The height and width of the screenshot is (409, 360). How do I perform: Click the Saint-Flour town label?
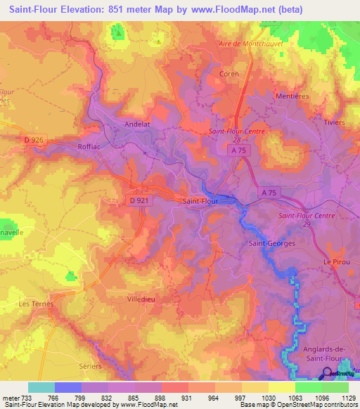tap(200, 201)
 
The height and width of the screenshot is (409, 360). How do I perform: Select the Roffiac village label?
tap(91, 147)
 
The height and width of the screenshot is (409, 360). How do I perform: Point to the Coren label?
tap(229, 74)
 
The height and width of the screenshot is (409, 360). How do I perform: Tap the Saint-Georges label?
tap(271, 243)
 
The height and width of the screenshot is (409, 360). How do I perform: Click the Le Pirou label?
tap(336, 261)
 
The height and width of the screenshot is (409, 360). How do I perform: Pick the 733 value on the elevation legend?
tap(25, 398)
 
